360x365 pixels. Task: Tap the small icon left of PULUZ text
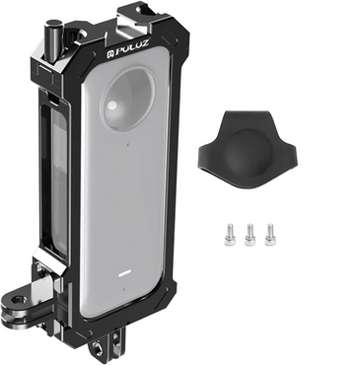click(x=109, y=53)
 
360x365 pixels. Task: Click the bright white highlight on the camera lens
click(x=112, y=106)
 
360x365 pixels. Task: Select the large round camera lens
click(x=128, y=98)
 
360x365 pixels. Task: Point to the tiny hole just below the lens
click(x=128, y=143)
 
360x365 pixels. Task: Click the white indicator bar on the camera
click(x=124, y=273)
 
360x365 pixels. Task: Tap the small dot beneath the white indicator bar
click(x=123, y=290)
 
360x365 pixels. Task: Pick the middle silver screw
click(x=250, y=235)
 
